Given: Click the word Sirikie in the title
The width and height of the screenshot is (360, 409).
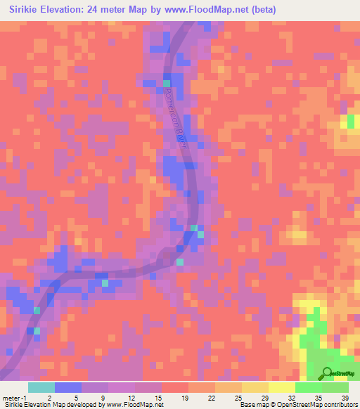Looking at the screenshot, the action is pyautogui.click(x=29, y=10).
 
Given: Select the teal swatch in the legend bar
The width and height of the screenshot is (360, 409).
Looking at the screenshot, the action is pyautogui.click(x=41, y=387).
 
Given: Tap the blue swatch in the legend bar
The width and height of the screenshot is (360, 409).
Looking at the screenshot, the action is pyautogui.click(x=68, y=387).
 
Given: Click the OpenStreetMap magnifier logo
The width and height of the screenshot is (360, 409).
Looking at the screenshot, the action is pyautogui.click(x=328, y=373).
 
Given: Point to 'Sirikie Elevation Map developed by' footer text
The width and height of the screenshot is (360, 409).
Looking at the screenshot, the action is pyautogui.click(x=52, y=405).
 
